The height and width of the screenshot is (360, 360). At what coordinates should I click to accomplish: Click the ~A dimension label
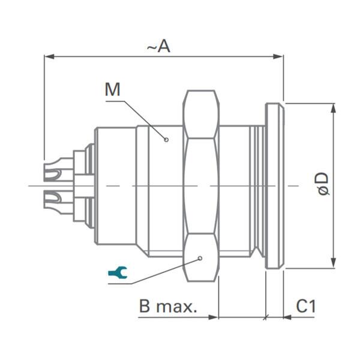click(160, 46)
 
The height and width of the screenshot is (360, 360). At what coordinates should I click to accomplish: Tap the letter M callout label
click(112, 90)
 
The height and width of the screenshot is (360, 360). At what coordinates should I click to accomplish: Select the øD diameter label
click(323, 184)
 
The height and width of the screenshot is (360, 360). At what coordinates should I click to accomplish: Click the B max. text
click(168, 307)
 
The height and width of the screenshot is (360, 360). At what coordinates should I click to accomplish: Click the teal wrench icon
click(116, 274)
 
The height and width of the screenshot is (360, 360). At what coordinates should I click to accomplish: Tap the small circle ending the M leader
click(167, 139)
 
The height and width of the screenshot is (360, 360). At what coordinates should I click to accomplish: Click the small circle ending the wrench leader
click(200, 259)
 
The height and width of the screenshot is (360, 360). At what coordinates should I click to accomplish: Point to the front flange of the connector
click(274, 186)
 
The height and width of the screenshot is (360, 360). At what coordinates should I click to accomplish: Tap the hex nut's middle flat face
click(201, 186)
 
